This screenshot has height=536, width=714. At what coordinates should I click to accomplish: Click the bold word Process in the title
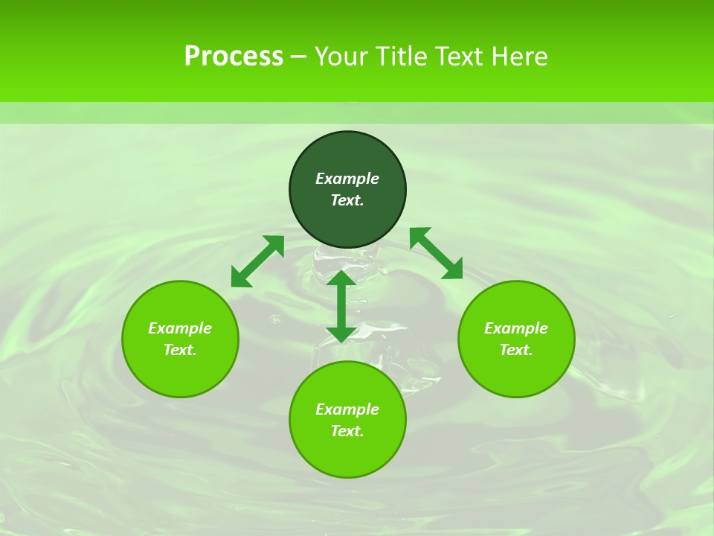234,57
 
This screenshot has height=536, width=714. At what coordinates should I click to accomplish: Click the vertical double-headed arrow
341,306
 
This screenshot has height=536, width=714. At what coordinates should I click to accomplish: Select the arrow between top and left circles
257,261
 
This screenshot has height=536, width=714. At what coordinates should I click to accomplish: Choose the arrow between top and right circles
437,253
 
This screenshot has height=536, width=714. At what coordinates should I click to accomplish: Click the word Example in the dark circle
347,179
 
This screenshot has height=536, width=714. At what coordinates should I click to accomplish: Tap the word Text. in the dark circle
347,200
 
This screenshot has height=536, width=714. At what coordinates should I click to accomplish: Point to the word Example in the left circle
180,328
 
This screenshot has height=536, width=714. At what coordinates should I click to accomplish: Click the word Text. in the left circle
180,350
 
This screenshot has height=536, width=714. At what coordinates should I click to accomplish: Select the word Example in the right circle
516,328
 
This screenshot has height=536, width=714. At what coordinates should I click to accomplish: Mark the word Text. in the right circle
516,350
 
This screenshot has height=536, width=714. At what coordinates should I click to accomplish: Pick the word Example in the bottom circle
347,409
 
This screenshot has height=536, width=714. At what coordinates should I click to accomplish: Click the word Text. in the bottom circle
347,431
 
